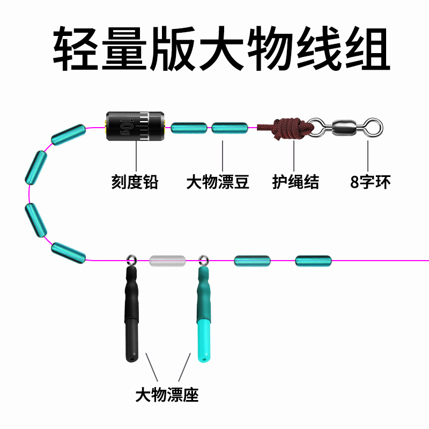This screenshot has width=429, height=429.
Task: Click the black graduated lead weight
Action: [x=135, y=127]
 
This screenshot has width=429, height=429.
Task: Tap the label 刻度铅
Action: [x=135, y=182]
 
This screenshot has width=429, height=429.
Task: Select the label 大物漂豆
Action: [x=218, y=182]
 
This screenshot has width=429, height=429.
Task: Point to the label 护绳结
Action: [x=295, y=182]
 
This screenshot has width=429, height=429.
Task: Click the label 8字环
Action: [x=371, y=182]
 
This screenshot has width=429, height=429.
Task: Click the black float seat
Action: [x=131, y=316]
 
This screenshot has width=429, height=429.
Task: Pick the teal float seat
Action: [x=203, y=316]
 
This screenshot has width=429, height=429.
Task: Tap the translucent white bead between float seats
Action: [x=167, y=261]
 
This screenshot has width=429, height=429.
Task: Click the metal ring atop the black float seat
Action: [x=130, y=261]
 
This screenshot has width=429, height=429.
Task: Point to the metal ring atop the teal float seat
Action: [x=203, y=261]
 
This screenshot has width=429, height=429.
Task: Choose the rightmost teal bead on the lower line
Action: [x=313, y=261]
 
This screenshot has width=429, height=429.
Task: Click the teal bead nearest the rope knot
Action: [x=230, y=128]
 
